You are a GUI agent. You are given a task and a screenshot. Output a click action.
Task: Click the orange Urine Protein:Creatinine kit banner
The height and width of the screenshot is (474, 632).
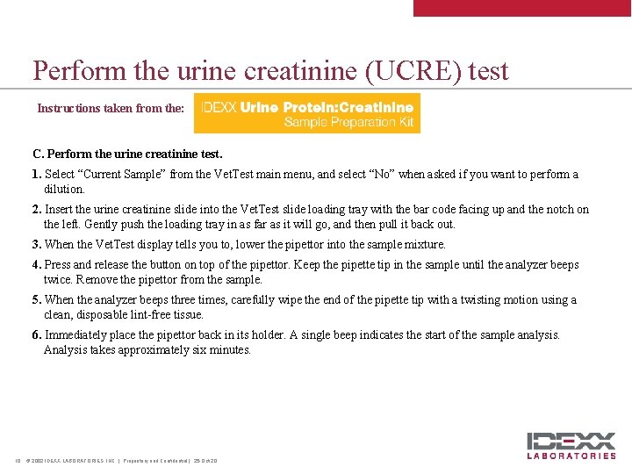pyautogui.click(x=306, y=114)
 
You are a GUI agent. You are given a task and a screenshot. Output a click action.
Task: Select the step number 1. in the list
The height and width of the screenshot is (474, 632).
pyautogui.click(x=37, y=175)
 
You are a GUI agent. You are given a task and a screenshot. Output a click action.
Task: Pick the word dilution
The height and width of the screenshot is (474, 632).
pyautogui.click(x=63, y=189)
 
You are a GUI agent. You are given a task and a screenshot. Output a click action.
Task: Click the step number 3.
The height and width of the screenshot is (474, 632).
pyautogui.click(x=37, y=245)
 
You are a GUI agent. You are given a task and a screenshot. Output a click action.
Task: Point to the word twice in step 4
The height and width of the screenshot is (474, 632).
pyautogui.click(x=59, y=280)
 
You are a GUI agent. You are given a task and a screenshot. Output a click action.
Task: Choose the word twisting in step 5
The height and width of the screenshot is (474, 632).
pyautogui.click(x=462, y=300)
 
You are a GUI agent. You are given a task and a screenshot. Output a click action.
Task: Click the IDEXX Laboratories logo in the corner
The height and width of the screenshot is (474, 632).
pyautogui.click(x=571, y=445)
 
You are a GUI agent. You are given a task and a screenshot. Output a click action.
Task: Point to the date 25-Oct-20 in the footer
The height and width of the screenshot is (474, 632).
pyautogui.click(x=205, y=461)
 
